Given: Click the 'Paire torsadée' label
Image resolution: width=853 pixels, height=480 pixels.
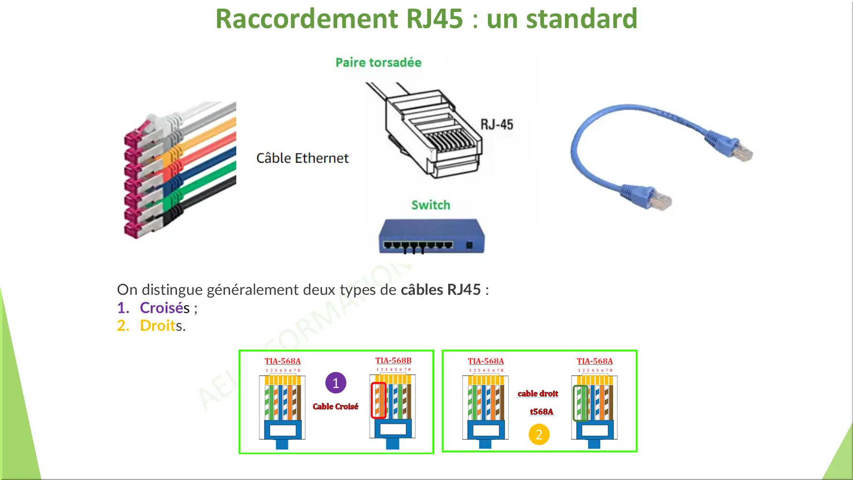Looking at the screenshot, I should coord(378,63).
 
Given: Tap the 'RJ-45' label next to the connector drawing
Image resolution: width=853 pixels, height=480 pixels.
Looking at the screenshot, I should coord(497,125).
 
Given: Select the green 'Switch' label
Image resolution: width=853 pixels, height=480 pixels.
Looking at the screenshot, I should coord(431,205).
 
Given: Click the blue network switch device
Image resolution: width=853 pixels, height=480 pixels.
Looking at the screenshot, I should coord(431,237).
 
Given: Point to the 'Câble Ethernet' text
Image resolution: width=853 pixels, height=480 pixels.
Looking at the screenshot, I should coord(302,158).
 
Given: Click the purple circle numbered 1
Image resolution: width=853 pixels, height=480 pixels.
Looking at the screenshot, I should coord(335,383).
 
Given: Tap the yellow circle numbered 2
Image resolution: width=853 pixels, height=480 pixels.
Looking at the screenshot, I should coord(539,435).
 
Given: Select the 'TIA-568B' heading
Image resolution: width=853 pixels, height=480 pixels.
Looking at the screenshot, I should coord(393,361).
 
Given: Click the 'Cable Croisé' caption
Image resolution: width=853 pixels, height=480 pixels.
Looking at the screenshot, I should coord(335,407).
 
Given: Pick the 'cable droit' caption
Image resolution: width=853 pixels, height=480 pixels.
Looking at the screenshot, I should coord(538,394).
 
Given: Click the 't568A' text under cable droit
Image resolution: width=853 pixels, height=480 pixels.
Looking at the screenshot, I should coord(542,412).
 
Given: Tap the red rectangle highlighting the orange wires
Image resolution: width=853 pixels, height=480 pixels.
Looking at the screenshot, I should coord(378,401).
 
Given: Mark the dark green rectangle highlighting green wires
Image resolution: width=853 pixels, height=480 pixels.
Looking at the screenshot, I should coord(580,403).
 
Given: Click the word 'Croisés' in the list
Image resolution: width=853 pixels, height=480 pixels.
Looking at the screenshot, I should coord(165,308).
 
